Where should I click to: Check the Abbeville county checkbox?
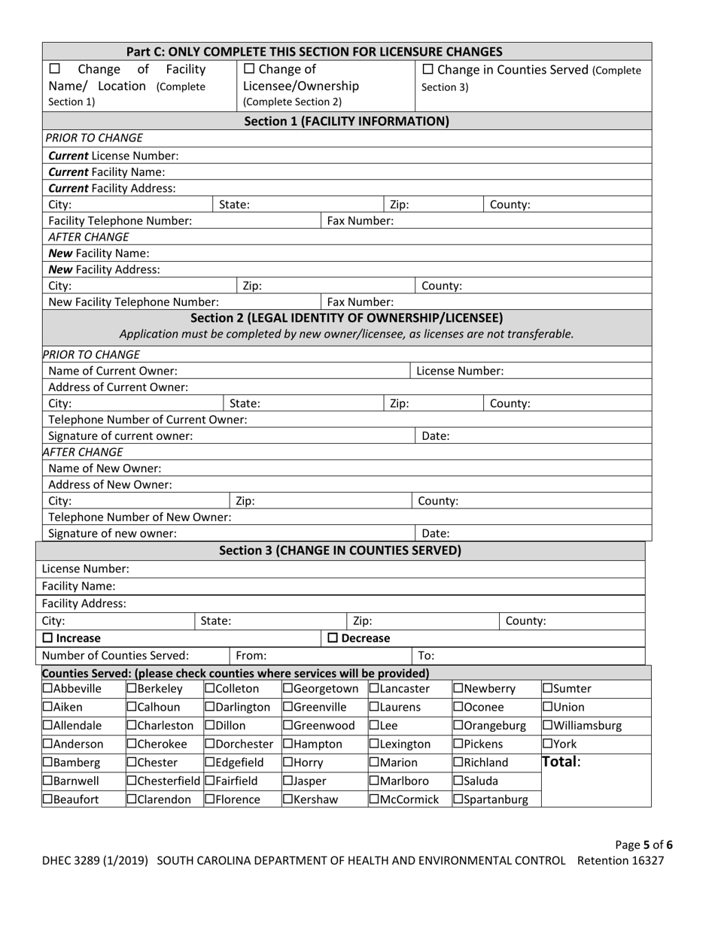pos(47,688)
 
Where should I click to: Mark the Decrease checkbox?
pos(333,638)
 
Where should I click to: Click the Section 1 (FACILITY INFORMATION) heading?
pos(347,120)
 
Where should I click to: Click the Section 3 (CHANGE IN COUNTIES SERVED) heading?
pos(340,550)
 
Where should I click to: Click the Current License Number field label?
pos(114,156)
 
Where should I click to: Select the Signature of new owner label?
pos(113,533)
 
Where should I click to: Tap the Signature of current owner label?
pos(120,435)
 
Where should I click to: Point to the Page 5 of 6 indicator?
pos(643,845)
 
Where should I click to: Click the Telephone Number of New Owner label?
pos(139,517)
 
